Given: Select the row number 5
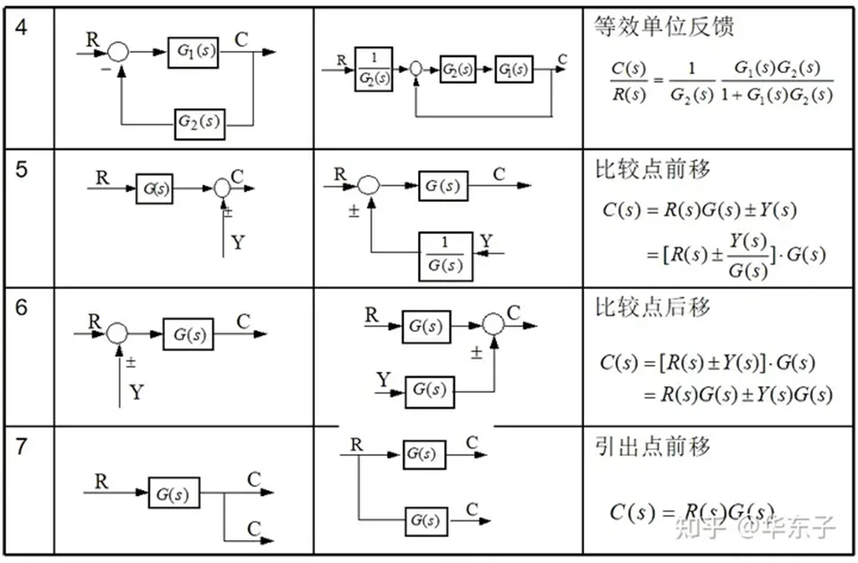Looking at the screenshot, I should pos(21,169).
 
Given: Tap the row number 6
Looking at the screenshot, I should pos(21,307).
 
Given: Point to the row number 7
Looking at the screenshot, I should pos(21,446).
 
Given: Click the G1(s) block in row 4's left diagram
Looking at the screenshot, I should pos(194,53).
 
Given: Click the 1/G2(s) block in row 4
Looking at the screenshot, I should pos(374,69).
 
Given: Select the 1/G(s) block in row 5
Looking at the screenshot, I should pos(445,255).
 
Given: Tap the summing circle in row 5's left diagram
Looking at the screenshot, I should pos(222,188).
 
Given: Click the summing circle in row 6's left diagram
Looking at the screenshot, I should pos(117,333).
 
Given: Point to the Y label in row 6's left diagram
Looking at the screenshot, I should pos(136,393).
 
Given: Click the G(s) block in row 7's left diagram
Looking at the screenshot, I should pos(173,493).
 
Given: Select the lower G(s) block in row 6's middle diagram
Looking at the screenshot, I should pos(429,391).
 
